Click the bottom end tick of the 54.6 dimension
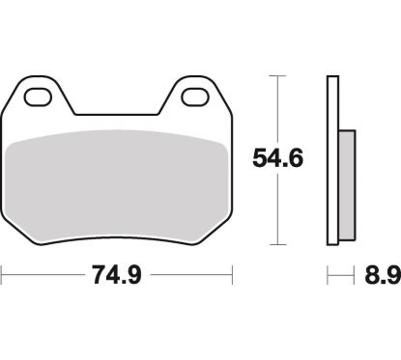(278, 243)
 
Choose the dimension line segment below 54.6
(278, 208)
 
